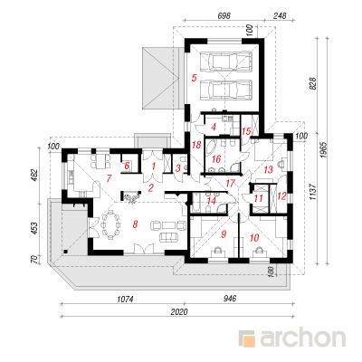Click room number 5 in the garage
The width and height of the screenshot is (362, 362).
pos(194,78)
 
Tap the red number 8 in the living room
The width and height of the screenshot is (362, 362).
pos(135,224)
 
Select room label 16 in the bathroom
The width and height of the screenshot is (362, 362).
pos(216,158)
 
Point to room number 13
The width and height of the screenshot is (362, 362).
pos(268,169)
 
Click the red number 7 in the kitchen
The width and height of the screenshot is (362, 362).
pos(109,178)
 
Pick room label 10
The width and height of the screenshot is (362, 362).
pos(254,238)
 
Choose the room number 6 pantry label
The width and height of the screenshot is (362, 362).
pos(127,166)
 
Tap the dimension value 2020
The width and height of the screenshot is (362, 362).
pos(179,311)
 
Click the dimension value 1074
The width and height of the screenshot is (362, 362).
pos(125,299)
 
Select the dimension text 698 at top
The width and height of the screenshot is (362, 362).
pos(224,15)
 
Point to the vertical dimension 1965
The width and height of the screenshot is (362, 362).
pos(323,150)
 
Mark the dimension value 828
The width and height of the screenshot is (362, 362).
pos(313,83)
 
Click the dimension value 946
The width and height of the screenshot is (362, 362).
pos(230,299)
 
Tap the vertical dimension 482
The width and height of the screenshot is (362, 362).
pos(34,176)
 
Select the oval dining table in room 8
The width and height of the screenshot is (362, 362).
pos(111,224)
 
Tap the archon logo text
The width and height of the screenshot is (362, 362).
pos(303,338)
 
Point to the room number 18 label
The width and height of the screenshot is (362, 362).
pos(196,145)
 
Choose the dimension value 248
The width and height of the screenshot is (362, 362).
pos(280,15)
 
